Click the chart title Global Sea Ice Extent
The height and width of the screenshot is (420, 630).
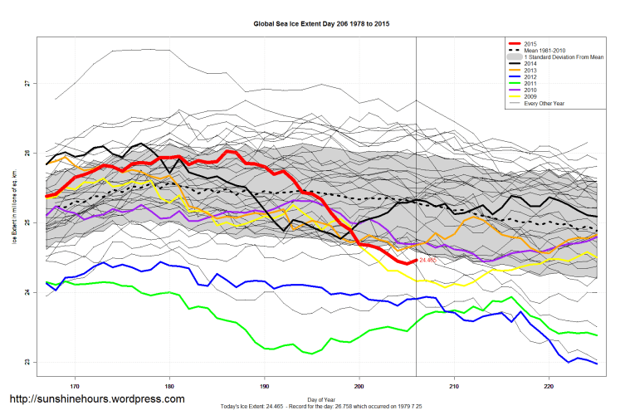coord(321,25)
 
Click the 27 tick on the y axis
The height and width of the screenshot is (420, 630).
coord(27,83)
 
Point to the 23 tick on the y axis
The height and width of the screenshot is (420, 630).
coord(27,362)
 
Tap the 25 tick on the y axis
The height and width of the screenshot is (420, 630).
coord(27,222)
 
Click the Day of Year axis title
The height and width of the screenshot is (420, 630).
coord(321,398)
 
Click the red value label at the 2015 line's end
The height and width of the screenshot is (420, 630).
coord(427,261)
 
